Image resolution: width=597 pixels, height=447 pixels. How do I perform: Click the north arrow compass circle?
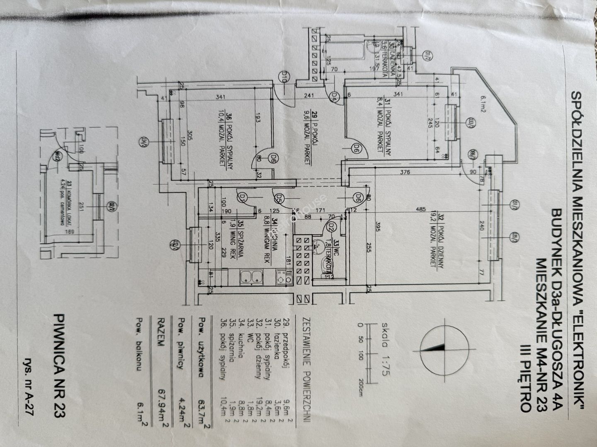tap(443, 346)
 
